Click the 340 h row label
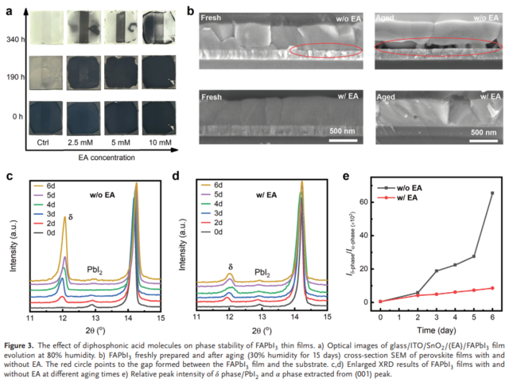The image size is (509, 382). tap(16, 38)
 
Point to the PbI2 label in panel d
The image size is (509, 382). tap(264, 273)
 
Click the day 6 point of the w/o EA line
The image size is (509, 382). tap(492, 193)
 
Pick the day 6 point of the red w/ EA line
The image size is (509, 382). tap(492, 288)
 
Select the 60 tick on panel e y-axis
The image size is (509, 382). tap(365, 202)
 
